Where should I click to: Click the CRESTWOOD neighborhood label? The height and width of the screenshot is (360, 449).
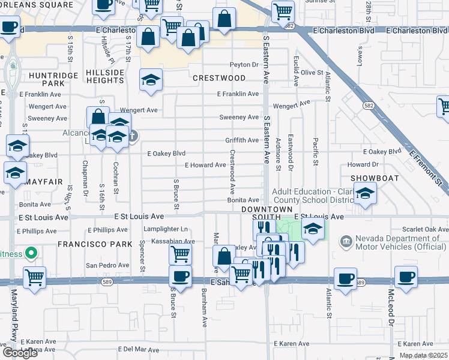[x=219, y=78]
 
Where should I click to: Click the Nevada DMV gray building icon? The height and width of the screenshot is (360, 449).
[x=346, y=242]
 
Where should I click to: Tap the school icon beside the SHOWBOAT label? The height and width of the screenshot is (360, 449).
[x=364, y=194]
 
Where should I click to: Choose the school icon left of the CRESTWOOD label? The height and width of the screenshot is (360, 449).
[x=151, y=79]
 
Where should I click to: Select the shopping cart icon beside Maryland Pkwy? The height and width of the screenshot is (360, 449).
[x=35, y=277]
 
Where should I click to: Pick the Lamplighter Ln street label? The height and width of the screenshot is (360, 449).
[x=166, y=229]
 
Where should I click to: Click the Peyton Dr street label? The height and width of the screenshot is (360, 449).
[x=244, y=64]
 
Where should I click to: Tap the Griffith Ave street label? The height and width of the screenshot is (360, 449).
[x=242, y=140]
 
